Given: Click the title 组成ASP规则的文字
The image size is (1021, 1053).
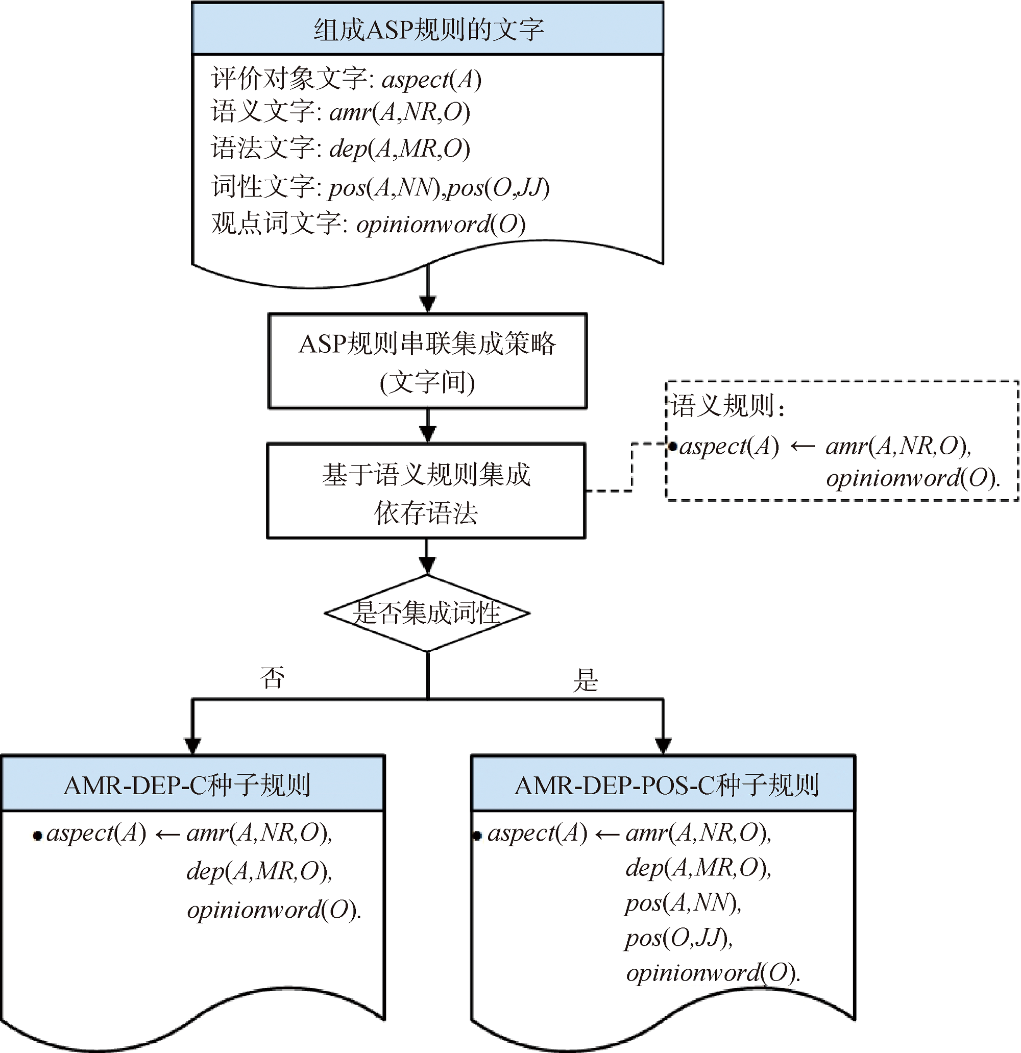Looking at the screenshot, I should click(428, 30).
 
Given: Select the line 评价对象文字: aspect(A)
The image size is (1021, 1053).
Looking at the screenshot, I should click(346, 80).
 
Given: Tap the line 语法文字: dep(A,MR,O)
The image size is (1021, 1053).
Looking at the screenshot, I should click(341, 149).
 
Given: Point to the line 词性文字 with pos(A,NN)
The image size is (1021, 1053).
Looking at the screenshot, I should click(380, 187).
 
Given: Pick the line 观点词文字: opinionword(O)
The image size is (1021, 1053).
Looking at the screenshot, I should click(369, 224).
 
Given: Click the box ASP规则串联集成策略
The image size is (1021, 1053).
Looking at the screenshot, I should click(427, 361).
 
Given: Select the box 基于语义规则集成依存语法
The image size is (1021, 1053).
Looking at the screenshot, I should click(426, 491).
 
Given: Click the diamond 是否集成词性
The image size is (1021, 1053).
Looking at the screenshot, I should click(427, 613).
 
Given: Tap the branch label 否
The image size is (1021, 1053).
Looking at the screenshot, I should click(272, 678).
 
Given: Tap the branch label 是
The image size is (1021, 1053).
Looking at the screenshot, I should click(585, 681).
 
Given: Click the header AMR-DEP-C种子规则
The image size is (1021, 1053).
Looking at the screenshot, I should click(187, 785).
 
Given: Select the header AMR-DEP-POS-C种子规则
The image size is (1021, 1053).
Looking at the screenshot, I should click(666, 785).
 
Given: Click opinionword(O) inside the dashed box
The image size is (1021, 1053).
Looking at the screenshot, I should click(912, 478).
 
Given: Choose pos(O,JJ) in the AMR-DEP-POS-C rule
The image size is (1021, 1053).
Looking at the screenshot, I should click(678, 938).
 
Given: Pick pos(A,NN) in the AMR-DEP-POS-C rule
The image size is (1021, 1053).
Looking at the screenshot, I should click(683, 902).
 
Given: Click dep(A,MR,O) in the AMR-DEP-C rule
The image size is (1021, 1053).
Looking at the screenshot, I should click(259, 871).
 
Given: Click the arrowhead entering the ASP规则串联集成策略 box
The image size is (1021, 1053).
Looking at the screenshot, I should click(427, 304).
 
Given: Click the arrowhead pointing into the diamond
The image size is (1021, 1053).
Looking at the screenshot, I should click(427, 565).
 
